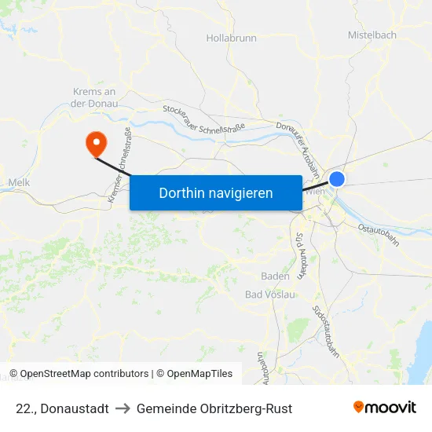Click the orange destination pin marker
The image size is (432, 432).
tap(97, 142)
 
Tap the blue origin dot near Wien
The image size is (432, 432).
tap(337, 179)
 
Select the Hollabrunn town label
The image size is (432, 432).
tap(231, 37)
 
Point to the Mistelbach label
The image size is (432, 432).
tap(372, 35)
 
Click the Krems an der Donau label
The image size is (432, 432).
tap(94, 97)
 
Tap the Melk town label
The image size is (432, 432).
tap(18, 182)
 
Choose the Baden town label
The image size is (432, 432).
tap(275, 276)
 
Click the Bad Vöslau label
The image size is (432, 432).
tap(270, 295)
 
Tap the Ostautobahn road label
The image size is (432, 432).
tap(379, 233)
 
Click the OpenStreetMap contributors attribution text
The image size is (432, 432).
tap(79, 374)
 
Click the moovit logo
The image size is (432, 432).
tap(385, 407)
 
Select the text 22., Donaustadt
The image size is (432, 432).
tap(62, 408)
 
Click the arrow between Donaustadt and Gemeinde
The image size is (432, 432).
tap(123, 408)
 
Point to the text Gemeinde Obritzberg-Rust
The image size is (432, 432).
tap(214, 408)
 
